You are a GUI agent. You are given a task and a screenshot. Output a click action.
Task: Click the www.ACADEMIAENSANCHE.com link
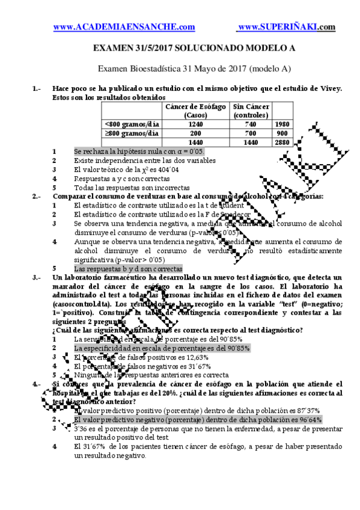(x=124, y=27)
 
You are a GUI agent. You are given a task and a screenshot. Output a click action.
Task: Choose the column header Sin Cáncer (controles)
(x=251, y=111)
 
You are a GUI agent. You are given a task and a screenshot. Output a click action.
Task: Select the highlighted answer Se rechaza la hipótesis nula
(x=139, y=152)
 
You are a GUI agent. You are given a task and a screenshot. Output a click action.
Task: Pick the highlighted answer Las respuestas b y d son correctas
(x=127, y=269)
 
